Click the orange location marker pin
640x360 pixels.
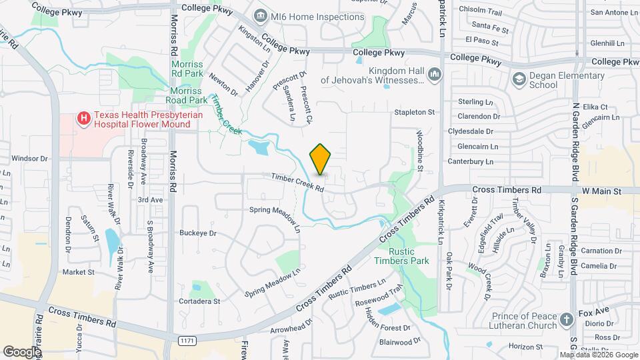pyautogui.click(x=320, y=159)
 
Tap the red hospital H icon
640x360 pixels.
pyautogui.click(x=84, y=119)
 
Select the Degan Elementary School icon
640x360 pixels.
pyautogui.click(x=519, y=79)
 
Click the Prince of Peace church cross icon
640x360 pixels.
pyautogui.click(x=567, y=319)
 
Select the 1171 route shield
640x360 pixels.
pyautogui.click(x=187, y=341)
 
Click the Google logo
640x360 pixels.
pyautogui.click(x=21, y=351)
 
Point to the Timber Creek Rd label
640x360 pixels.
pyautogui.click(x=297, y=183)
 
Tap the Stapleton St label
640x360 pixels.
pyautogui.click(x=415, y=113)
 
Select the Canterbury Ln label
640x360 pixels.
pyautogui.click(x=471, y=161)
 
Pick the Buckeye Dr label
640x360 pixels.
pyautogui.click(x=198, y=233)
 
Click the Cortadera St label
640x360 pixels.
pyautogui.click(x=199, y=301)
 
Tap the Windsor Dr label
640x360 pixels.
pyautogui.click(x=30, y=159)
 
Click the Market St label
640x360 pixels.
pyautogui.click(x=79, y=272)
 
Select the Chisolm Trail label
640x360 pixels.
pyautogui.click(x=480, y=11)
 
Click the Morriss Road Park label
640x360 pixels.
pyautogui.click(x=189, y=95)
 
